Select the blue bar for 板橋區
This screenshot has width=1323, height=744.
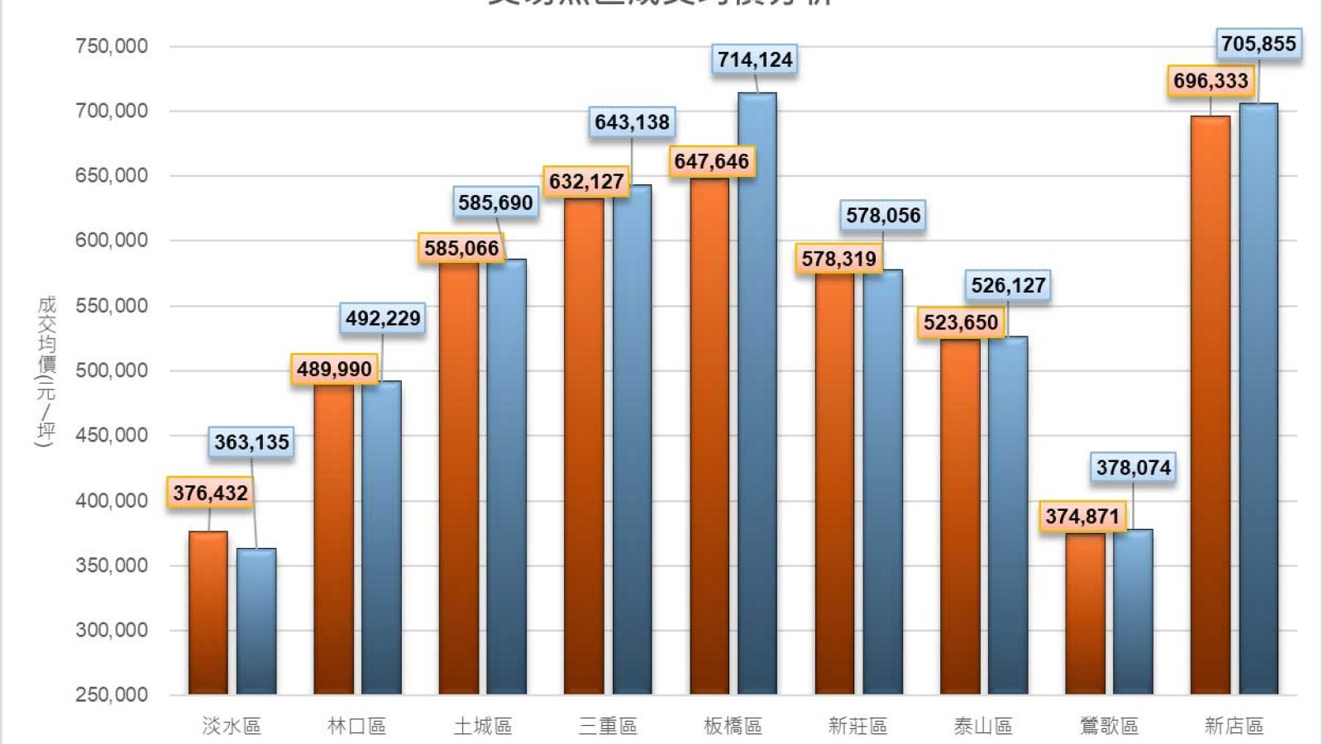757,393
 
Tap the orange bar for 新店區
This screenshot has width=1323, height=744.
1210,405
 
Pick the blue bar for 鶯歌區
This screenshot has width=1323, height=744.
1133,612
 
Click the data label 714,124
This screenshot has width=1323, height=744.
755,60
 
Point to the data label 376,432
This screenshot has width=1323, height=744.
210,494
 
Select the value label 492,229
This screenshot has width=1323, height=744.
383,318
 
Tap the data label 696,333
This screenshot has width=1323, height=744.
1211,81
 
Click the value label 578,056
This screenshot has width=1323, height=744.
882,216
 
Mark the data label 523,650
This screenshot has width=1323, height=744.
961,322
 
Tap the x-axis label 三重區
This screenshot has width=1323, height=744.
608,726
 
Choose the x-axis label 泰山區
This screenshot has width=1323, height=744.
982,726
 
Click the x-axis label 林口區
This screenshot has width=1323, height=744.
357,726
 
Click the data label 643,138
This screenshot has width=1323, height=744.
632,122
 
